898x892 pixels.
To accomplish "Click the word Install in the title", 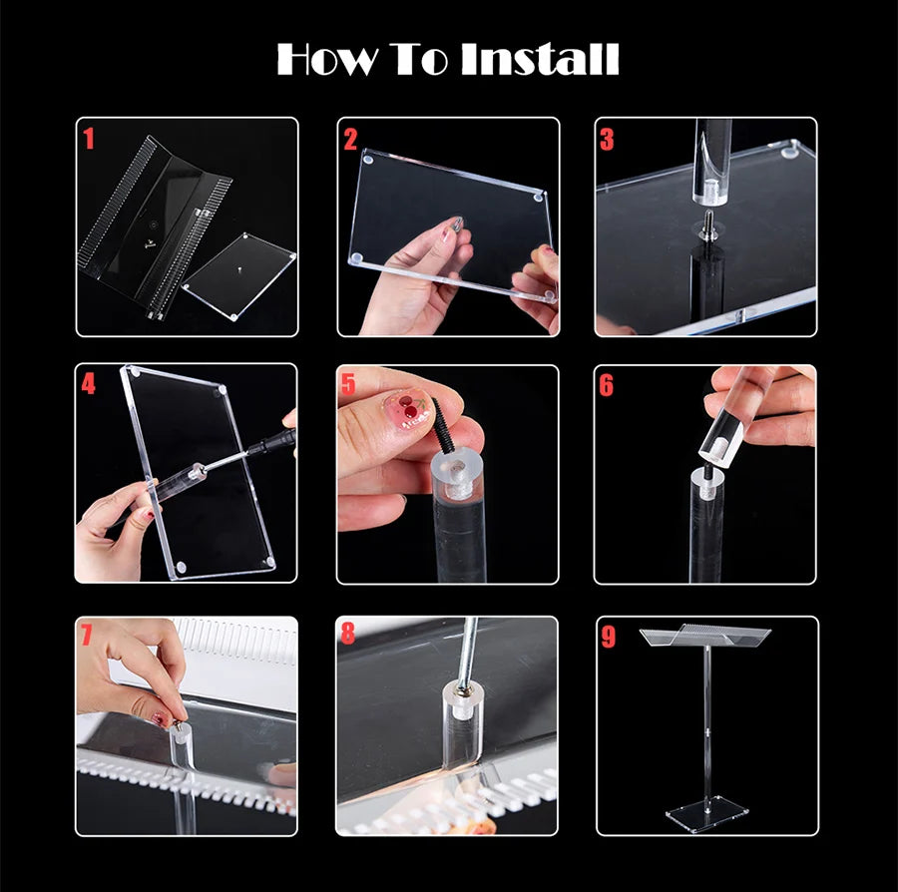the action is tap(540, 59).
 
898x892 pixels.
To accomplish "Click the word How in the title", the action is tap(327, 59).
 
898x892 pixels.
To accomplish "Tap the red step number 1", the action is tap(88, 139).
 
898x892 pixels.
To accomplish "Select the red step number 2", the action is tap(350, 139).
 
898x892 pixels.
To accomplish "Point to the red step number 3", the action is tap(607, 139).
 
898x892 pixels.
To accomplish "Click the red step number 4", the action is tap(88, 383).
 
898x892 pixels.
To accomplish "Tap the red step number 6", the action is tap(607, 385).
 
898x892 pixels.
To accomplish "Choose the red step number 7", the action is tap(87, 634).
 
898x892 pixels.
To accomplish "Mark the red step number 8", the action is tap(347, 633).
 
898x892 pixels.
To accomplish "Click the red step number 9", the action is tap(609, 637).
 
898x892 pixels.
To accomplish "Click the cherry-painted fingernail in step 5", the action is tap(410, 409).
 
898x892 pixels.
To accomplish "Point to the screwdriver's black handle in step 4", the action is tap(275, 441).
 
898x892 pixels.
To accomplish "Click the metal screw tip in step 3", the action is tap(709, 220).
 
